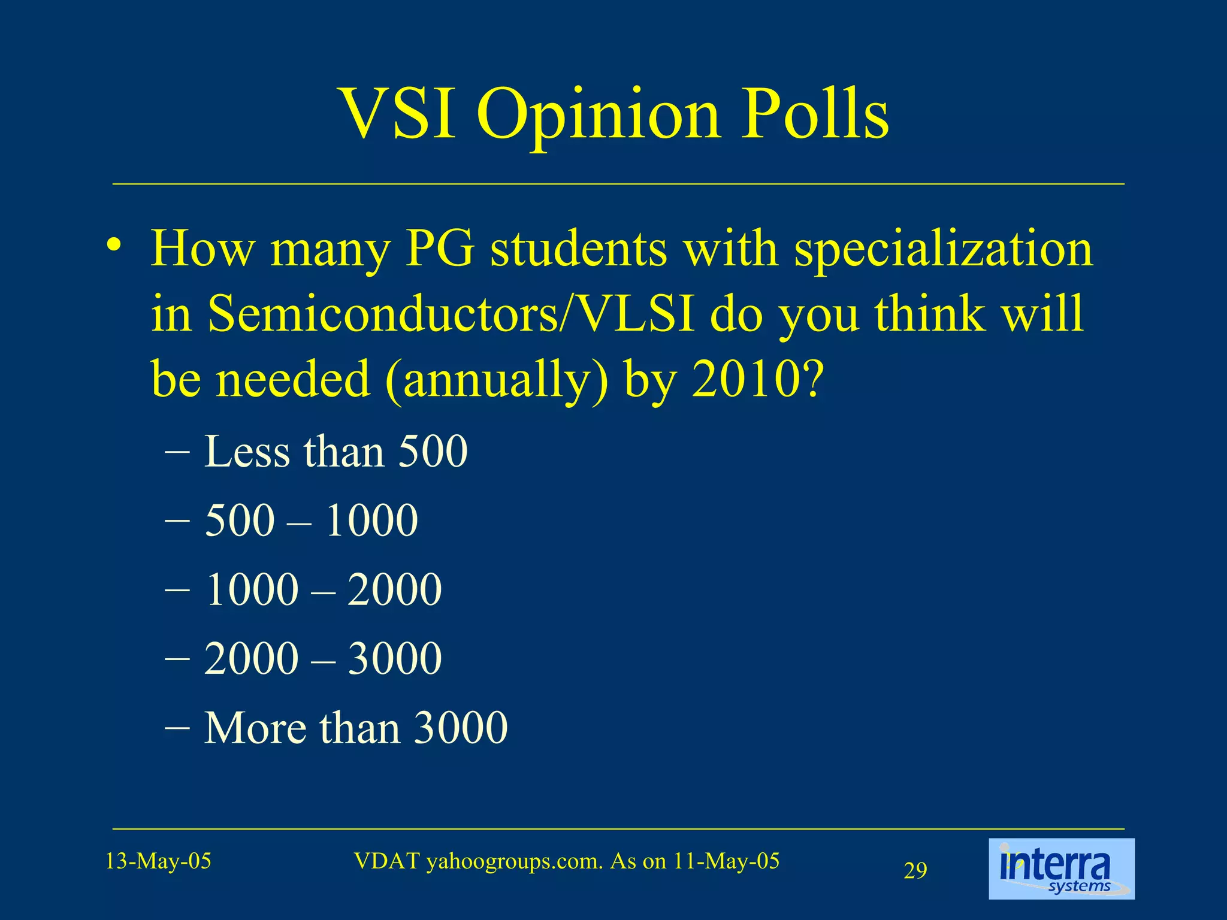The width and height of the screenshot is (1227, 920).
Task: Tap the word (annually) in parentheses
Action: point(497,381)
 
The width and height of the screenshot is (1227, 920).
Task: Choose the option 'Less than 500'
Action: point(336,451)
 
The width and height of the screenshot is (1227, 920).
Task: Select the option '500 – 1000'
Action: point(311,520)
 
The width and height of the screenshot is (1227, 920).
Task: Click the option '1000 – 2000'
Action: point(323,589)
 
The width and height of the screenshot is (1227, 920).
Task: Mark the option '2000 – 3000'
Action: point(323,658)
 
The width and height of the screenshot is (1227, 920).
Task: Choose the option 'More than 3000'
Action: point(356,728)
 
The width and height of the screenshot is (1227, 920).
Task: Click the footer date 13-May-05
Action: point(158,861)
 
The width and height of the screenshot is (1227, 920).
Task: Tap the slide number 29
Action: point(915,870)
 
